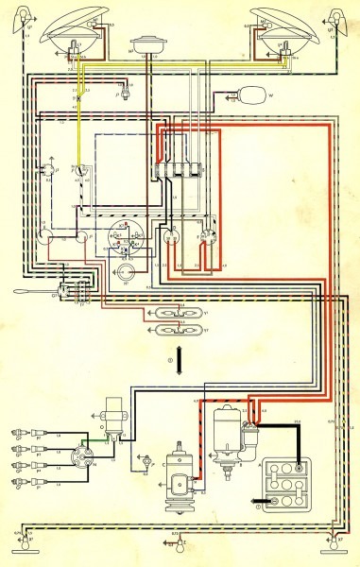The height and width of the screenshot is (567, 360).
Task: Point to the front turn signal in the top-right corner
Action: coord(335,19)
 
